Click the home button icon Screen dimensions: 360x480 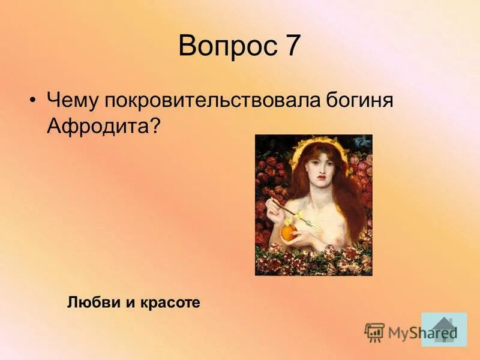[x=443, y=329]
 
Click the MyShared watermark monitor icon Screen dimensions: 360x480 [x=374, y=331]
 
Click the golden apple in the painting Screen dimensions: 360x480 [x=290, y=231]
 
